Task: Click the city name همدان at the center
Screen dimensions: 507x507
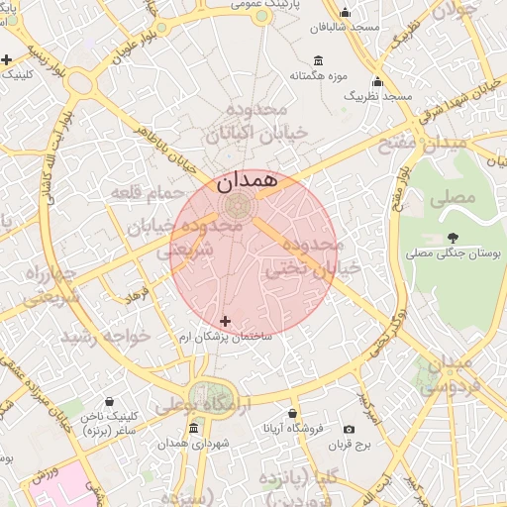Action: tap(243, 182)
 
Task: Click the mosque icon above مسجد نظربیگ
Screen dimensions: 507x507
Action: tap(376, 81)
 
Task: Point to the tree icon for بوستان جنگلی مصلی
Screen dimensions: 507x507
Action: tap(453, 237)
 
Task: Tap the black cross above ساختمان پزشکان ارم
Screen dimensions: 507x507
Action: tap(226, 321)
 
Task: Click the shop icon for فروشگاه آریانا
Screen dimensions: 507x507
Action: tap(292, 413)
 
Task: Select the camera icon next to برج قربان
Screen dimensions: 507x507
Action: tap(349, 429)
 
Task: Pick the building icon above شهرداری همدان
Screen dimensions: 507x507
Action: tap(192, 428)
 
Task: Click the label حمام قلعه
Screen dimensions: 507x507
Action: tap(149, 191)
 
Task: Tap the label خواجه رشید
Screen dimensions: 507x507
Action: tap(106, 337)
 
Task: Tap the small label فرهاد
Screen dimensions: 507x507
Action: tap(136, 294)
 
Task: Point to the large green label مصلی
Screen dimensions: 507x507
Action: tap(453, 197)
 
